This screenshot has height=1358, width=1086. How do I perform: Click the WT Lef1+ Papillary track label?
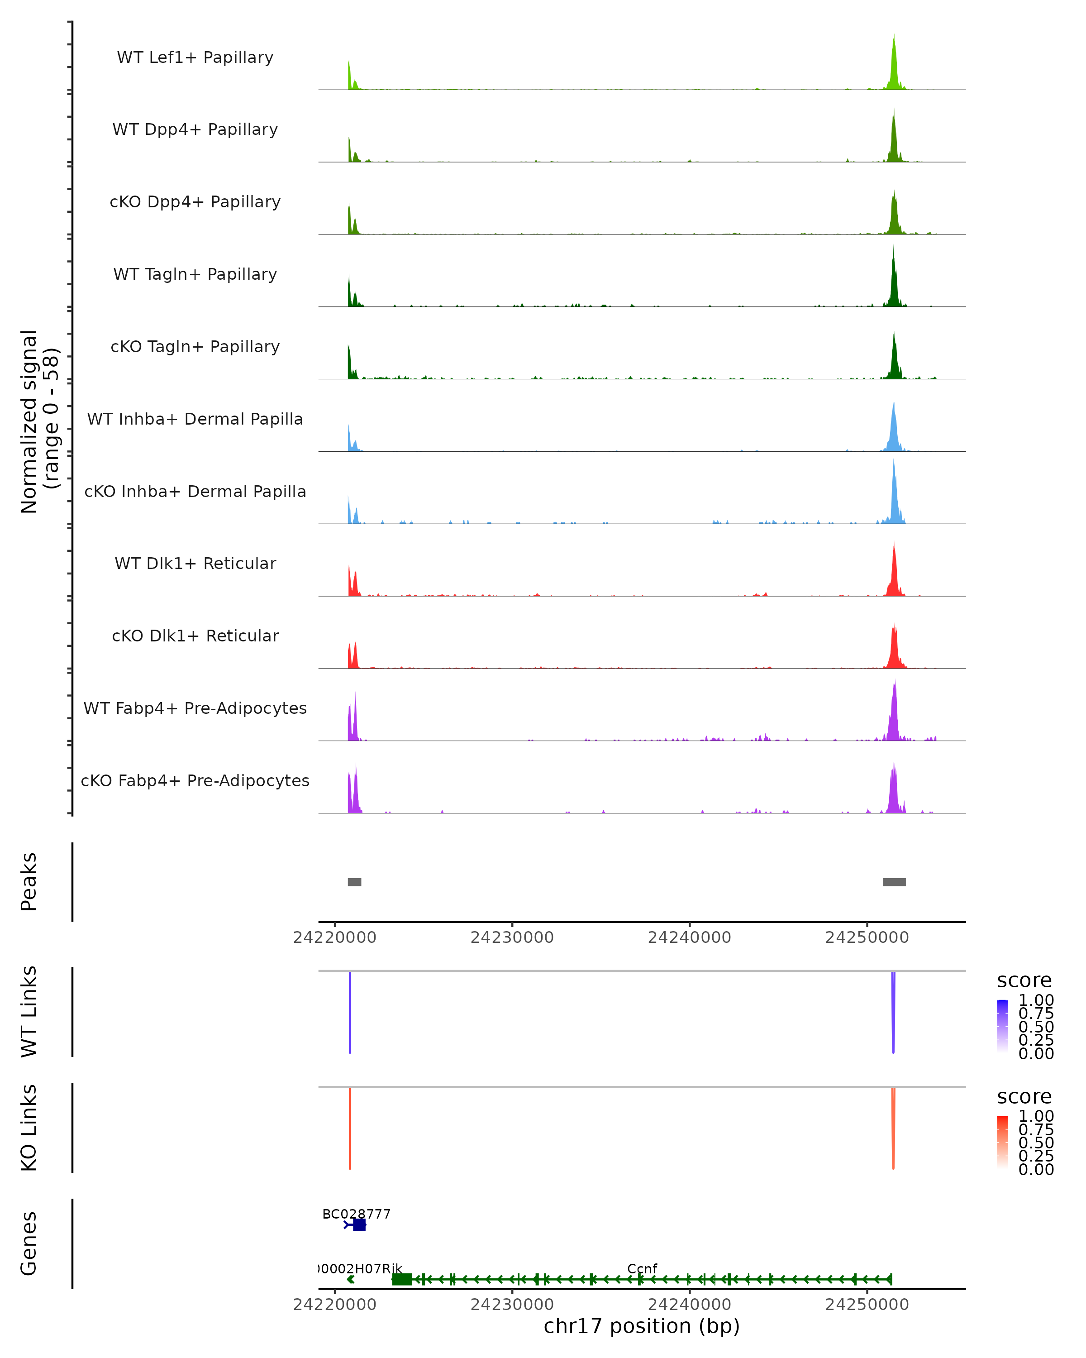(195, 57)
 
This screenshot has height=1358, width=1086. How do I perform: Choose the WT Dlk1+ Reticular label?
(195, 563)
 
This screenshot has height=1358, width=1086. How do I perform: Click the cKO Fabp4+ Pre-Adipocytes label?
(195, 780)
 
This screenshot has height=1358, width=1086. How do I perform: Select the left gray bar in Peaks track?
(354, 882)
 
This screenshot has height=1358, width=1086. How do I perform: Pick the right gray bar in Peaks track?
(894, 882)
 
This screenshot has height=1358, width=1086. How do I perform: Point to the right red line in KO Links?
(893, 1128)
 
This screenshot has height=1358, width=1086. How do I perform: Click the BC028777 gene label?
(356, 1214)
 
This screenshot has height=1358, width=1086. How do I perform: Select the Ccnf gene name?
(642, 1268)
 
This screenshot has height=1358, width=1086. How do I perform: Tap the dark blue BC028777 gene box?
(359, 1224)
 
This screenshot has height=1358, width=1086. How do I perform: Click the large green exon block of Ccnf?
(402, 1279)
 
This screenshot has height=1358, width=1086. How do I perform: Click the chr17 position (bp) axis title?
(642, 1326)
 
